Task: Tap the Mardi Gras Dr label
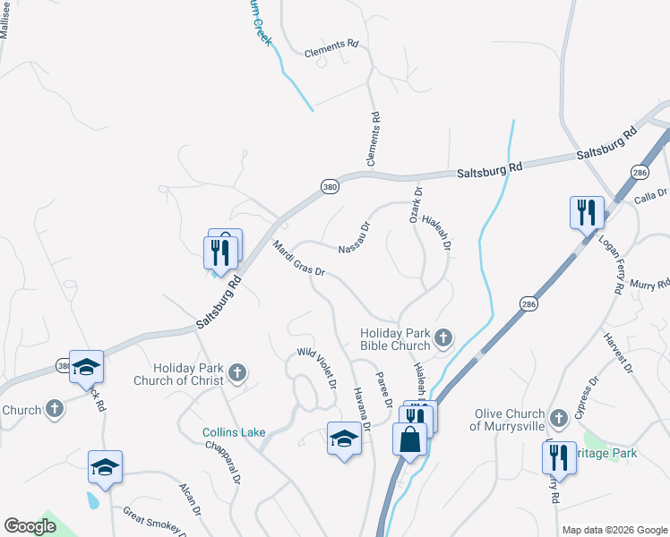tap(297, 259)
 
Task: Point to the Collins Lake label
tap(233, 432)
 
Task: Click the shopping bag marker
tap(410, 440)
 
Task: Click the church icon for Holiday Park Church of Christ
tap(237, 373)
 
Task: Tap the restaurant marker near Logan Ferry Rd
tap(587, 213)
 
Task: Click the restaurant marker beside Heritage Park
tap(559, 457)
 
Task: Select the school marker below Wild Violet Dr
tap(344, 438)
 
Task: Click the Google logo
tap(30, 526)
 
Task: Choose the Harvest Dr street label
tap(619, 354)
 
